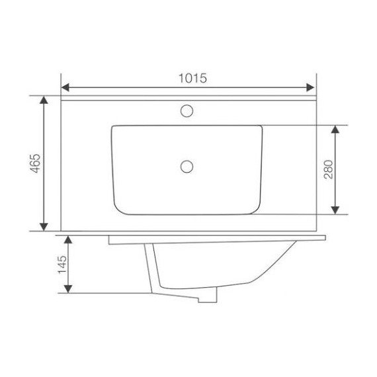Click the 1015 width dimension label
pyautogui.click(x=192, y=78)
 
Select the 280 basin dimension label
pyautogui.click(x=329, y=169)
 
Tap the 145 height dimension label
pyautogui.click(x=62, y=265)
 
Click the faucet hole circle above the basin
pyautogui.click(x=187, y=111)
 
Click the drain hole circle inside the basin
pyautogui.click(x=187, y=167)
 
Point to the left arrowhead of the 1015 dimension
pyautogui.click(x=65, y=87)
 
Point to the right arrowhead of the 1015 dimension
pyautogui.click(x=310, y=87)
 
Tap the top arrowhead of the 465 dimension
pyautogui.click(x=44, y=100)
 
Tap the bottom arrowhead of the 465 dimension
pyautogui.click(x=44, y=227)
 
